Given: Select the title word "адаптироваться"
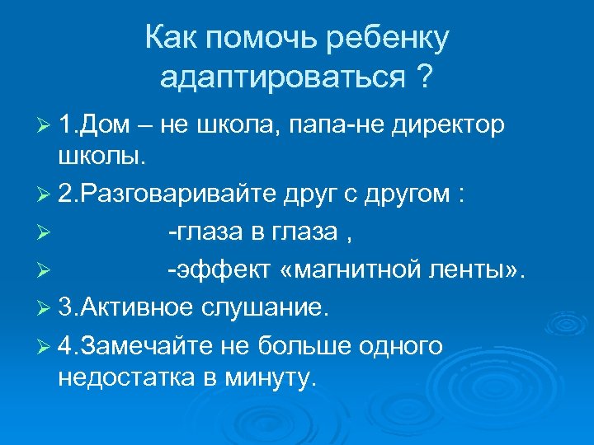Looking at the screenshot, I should (x=282, y=78).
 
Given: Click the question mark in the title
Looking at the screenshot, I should (x=425, y=78).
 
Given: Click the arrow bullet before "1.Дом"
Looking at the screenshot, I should (x=43, y=126).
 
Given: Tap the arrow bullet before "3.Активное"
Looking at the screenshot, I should (x=43, y=308).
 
